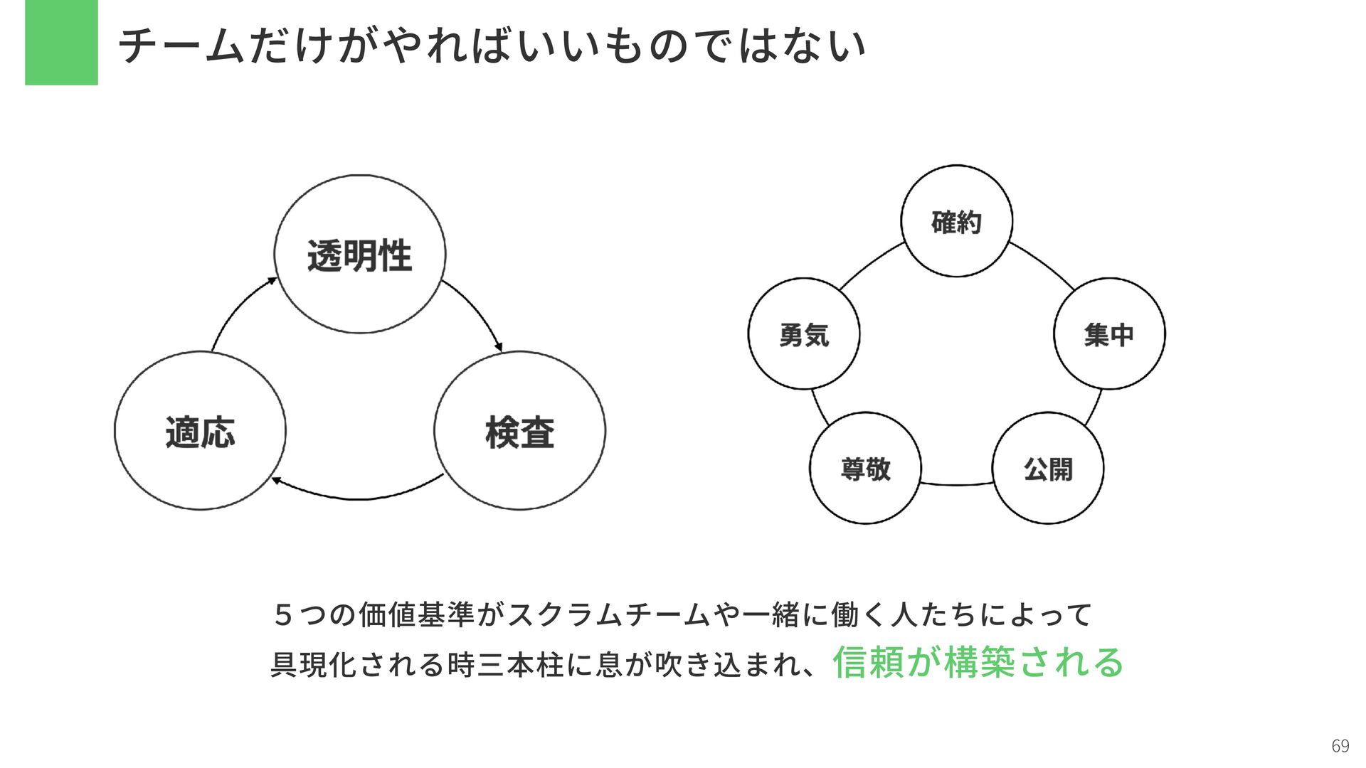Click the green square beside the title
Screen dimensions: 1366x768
[x=61, y=43]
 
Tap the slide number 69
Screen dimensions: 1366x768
[x=1340, y=746]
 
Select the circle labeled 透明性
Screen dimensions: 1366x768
[x=360, y=255]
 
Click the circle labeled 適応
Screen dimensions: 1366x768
[x=200, y=431]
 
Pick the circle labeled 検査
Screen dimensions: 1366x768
[x=519, y=431]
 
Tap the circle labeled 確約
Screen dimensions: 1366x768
[x=956, y=221]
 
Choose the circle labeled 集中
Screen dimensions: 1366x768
[x=1109, y=334]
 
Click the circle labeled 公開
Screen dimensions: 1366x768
[x=1048, y=469]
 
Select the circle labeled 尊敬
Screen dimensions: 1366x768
[x=865, y=469]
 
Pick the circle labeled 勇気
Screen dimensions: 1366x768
[x=804, y=334]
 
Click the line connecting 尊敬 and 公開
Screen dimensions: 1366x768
[x=957, y=485]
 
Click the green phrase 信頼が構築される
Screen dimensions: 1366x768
[x=978, y=663]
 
